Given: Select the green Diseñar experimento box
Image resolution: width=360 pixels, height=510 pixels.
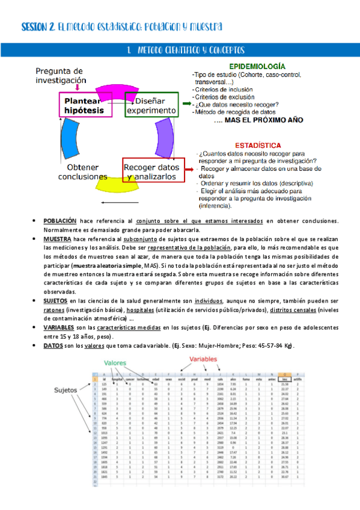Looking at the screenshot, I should (x=151, y=105).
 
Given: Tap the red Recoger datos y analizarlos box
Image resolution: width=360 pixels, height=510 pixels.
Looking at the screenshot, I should (x=151, y=172).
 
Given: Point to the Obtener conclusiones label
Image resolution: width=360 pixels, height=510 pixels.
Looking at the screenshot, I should (x=83, y=172).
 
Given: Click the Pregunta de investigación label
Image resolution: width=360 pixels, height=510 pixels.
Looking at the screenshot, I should (x=61, y=75).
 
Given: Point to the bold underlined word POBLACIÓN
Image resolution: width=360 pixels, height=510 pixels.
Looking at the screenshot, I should (x=59, y=221).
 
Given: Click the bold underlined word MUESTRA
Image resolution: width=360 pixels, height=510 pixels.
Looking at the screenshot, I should (x=57, y=239).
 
